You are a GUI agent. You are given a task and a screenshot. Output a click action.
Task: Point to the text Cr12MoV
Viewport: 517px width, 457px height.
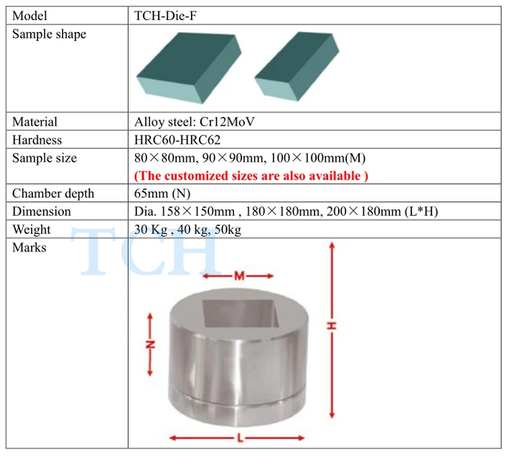coord(231,122)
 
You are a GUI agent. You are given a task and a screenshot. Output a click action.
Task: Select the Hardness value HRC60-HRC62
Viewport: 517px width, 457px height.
coord(177,140)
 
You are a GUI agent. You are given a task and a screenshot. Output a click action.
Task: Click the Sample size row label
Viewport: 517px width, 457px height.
coord(45,158)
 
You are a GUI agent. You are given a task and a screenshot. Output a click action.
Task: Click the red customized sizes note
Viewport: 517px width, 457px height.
coord(251,176)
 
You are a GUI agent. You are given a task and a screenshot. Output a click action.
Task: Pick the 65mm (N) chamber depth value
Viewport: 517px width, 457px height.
coord(163,194)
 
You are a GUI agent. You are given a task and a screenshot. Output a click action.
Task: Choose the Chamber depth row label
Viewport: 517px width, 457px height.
coord(53,194)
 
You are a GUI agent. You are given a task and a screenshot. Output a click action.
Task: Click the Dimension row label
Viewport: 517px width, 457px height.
coord(42,212)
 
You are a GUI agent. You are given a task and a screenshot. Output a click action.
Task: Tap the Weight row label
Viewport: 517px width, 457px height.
coord(32,230)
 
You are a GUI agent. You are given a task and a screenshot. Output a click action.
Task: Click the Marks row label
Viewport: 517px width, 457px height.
coord(29,248)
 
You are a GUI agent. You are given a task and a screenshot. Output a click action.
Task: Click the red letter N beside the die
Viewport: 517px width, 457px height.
coord(151,344)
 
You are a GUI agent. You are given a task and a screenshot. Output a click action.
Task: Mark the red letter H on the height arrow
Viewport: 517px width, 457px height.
coord(332,326)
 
